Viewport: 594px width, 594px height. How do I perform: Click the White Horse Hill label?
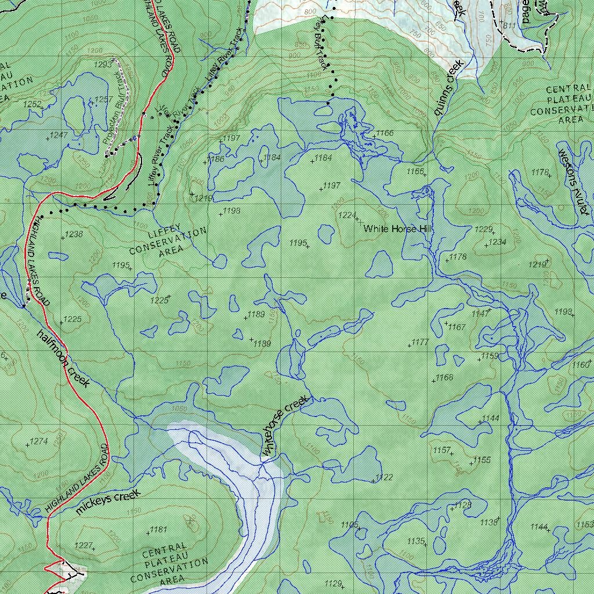398,229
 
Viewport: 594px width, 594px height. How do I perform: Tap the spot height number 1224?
346,215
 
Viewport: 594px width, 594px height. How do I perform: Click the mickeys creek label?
108,502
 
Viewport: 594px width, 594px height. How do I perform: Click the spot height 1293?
102,64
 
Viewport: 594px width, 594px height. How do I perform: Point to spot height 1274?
38,441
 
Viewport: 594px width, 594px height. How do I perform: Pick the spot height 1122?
384,477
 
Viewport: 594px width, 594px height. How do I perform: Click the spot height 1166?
385,133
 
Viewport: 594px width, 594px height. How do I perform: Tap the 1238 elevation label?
74,234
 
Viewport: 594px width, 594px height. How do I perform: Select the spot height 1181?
158,529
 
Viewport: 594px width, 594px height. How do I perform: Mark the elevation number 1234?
497,242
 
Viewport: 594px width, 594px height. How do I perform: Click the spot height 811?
509,26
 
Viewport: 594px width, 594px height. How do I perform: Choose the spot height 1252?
32,104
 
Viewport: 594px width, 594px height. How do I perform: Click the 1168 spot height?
444,378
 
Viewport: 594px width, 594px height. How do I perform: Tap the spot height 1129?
334,583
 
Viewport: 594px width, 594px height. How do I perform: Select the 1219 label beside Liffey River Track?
204,198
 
